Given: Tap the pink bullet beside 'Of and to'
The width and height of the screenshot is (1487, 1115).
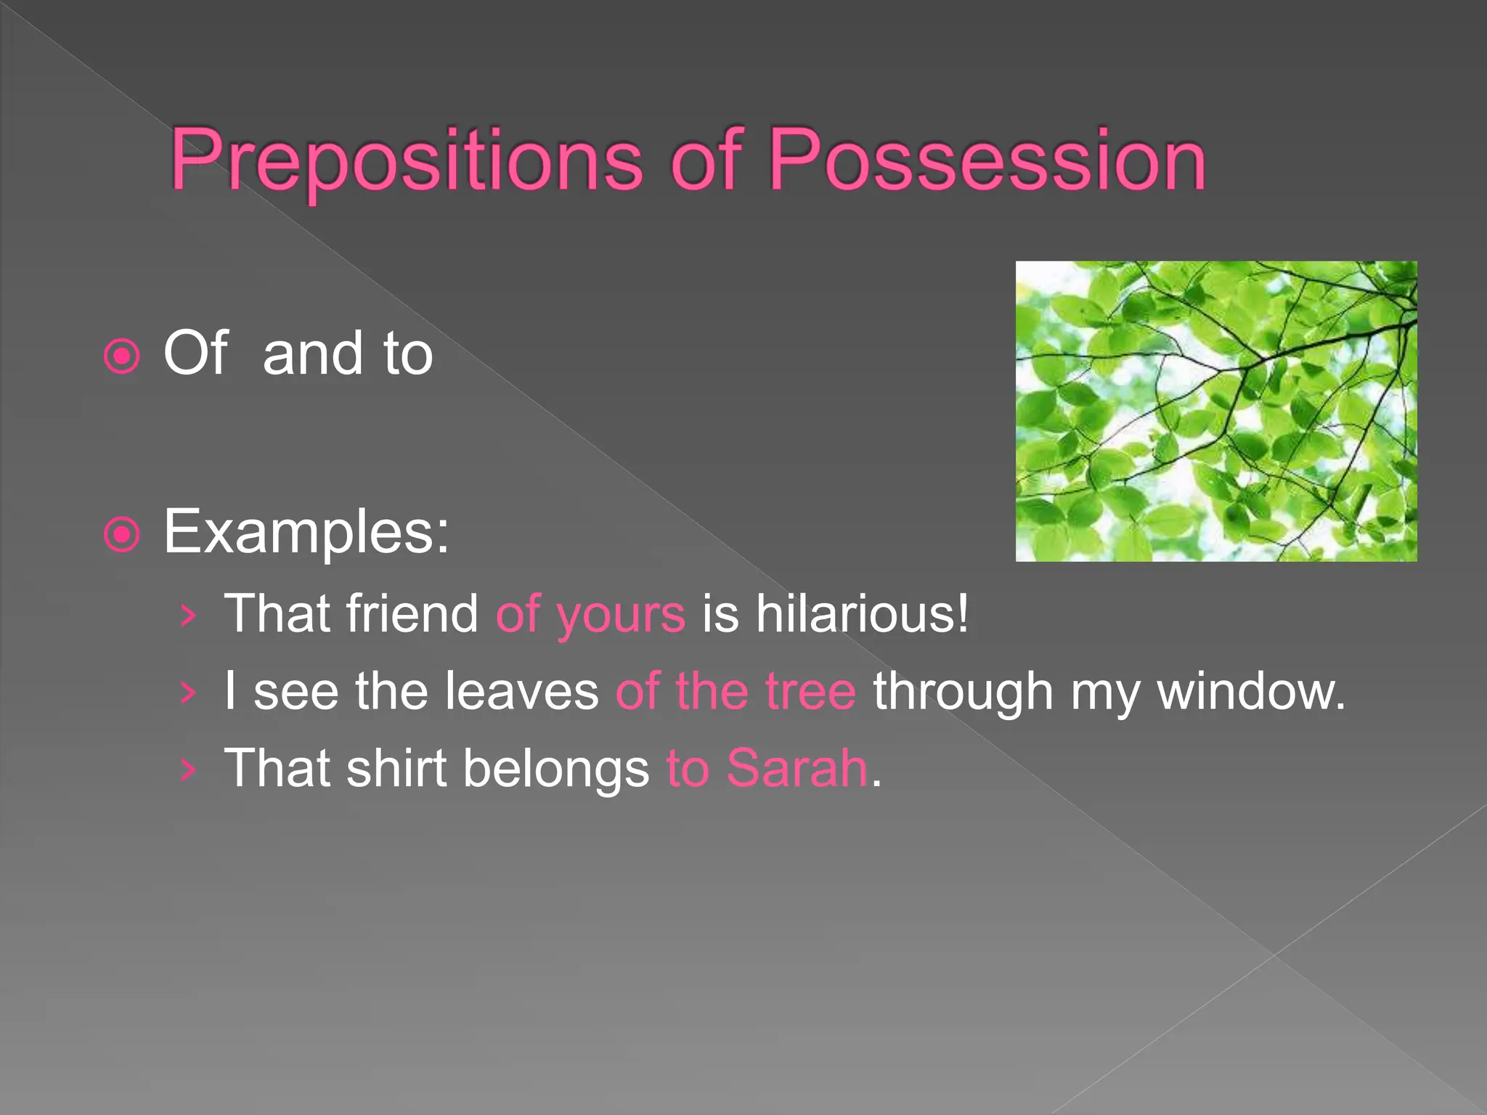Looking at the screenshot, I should click(x=122, y=356).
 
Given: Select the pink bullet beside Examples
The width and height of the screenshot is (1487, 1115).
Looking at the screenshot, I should click(x=122, y=536).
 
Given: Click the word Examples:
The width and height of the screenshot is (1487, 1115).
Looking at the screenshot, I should click(x=306, y=532).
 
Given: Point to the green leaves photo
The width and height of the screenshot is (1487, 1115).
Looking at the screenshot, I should click(x=1215, y=411).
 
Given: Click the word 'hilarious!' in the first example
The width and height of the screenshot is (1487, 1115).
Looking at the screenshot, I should click(x=862, y=614).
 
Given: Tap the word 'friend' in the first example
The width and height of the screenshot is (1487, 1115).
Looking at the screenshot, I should click(x=412, y=614).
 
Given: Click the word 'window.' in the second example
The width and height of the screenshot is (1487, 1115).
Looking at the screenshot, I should click(x=1251, y=691).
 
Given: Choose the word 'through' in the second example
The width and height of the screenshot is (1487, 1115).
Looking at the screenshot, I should click(x=963, y=693).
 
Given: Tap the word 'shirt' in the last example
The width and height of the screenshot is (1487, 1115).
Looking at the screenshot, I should click(x=396, y=768).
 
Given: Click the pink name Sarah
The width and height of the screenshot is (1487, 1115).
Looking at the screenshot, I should click(x=797, y=768).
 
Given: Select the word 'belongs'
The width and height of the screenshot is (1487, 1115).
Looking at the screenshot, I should click(x=556, y=769).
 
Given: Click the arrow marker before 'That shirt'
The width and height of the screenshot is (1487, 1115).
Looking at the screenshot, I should click(x=188, y=769).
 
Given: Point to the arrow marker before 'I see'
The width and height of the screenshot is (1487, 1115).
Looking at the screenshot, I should click(x=188, y=693).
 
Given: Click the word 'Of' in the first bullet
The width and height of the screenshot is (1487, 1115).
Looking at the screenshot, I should click(x=195, y=354).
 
